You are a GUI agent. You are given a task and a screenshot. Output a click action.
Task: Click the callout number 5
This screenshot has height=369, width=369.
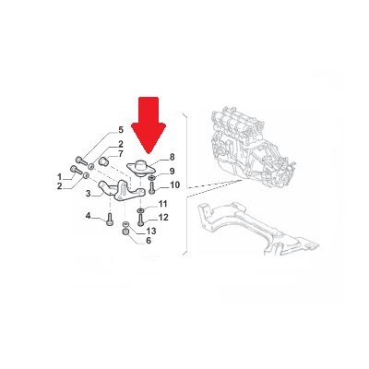121,130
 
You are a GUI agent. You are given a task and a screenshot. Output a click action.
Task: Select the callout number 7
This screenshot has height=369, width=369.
120,154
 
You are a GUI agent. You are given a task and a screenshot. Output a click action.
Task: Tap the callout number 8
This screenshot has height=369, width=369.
172,157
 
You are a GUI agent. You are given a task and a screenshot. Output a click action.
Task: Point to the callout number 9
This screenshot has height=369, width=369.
172,171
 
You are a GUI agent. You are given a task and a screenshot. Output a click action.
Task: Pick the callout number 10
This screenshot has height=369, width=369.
174,185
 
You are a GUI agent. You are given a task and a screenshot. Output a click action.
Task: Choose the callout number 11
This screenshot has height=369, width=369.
162,204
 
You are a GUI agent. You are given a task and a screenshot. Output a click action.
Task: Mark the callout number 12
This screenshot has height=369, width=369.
163,218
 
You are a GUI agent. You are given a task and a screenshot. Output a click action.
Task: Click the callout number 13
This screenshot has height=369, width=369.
151,231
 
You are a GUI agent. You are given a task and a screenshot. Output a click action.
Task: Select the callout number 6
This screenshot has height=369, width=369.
149,241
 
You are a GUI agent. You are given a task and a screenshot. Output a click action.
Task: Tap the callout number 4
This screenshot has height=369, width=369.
89,216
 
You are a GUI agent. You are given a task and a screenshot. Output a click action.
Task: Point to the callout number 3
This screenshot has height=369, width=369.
89,194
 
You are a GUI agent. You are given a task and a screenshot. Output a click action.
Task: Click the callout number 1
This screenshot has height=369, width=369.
59,177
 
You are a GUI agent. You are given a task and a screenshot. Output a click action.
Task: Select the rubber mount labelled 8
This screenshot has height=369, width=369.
142,168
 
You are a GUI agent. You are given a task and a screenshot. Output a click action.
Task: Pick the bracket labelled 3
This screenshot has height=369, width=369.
122,191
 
